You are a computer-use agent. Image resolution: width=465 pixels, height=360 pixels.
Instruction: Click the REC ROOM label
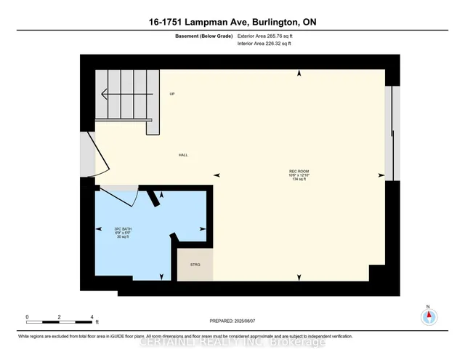299,172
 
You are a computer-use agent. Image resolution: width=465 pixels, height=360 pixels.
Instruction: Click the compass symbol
429,316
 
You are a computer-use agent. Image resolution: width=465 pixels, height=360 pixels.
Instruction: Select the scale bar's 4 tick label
92,317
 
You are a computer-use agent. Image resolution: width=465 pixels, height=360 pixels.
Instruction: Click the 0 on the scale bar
27,317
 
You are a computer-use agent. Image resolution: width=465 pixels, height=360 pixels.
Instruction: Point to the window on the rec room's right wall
393,132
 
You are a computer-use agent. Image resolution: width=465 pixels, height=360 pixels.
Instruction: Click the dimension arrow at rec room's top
299,73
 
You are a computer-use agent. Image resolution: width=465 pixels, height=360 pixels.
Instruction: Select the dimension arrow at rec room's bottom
299,278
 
